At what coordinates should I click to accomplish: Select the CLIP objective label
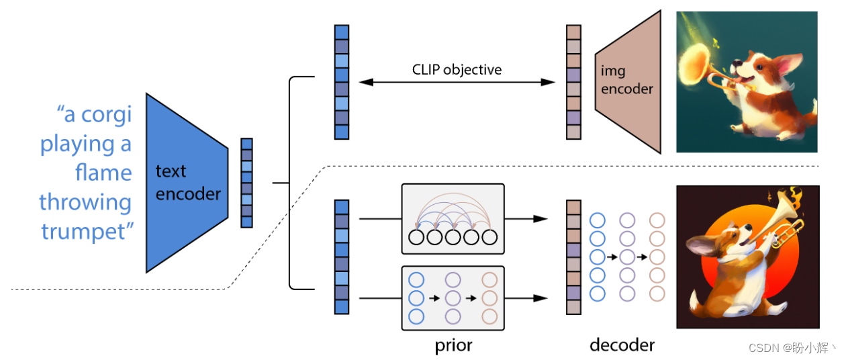point(457,69)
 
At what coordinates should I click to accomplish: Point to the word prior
point(453,345)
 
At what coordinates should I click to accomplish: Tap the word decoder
point(622,345)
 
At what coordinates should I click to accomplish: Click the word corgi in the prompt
point(107,116)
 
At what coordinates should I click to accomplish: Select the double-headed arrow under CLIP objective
point(457,82)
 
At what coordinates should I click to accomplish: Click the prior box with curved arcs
point(452,218)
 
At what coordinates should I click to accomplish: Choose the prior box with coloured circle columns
point(452,298)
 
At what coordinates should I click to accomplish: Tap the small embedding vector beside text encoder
point(246,182)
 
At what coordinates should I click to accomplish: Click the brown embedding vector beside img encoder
point(573,82)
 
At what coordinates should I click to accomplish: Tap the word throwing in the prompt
point(85,202)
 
